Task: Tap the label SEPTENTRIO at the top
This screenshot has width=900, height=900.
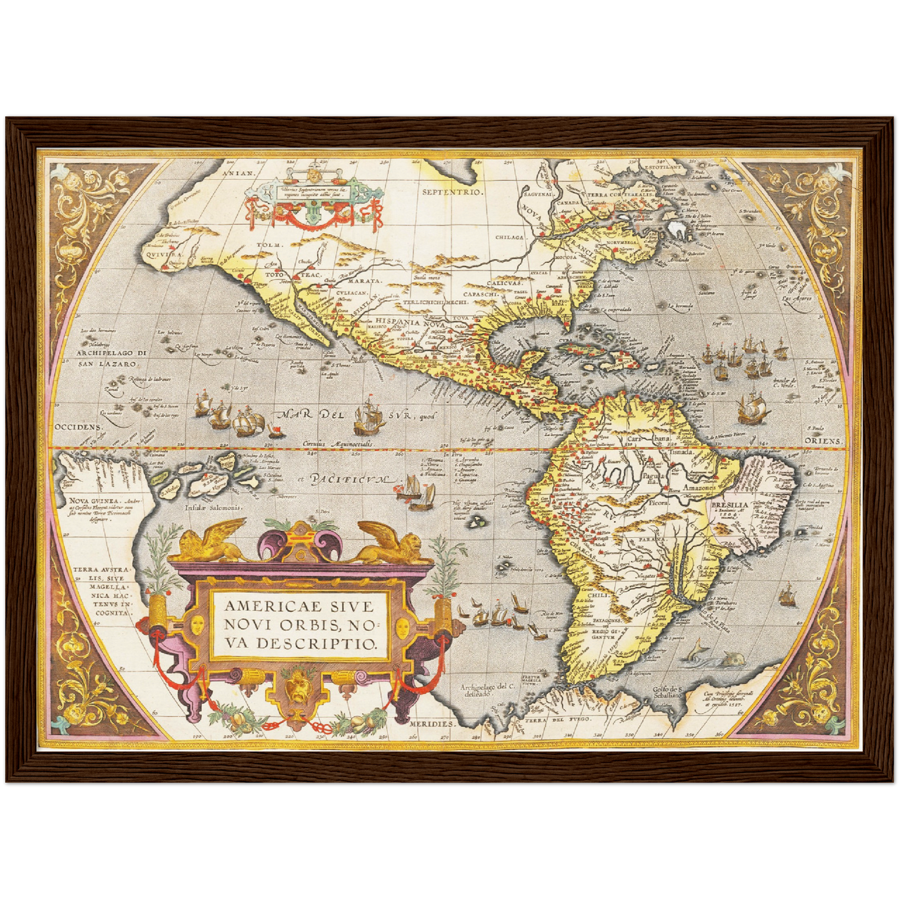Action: (x=452, y=192)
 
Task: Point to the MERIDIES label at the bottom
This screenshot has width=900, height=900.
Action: (x=432, y=724)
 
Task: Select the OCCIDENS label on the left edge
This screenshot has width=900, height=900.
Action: (x=78, y=427)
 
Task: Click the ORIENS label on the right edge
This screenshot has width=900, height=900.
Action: (x=824, y=441)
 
